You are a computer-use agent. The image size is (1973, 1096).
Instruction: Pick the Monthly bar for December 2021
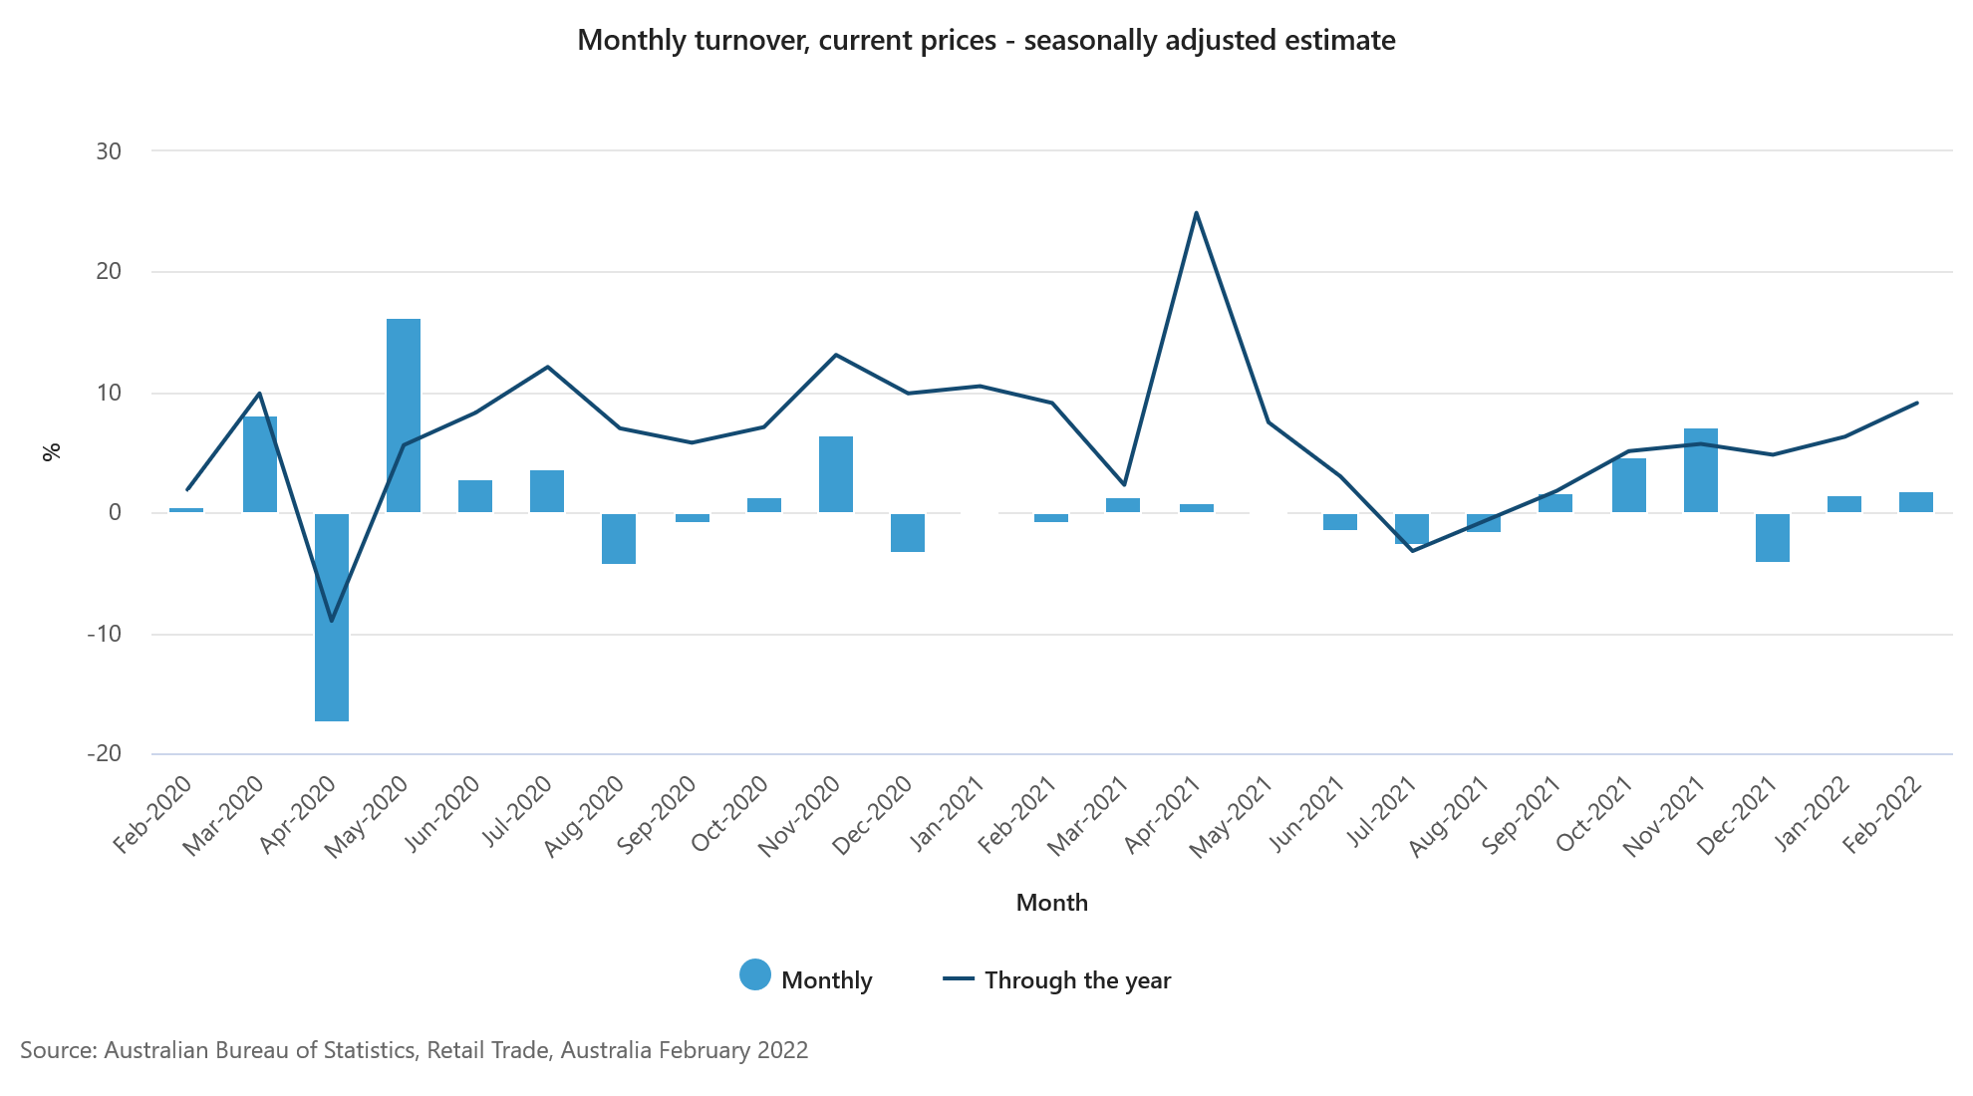click(x=1773, y=537)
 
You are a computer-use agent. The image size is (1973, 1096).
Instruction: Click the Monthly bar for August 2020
click(x=619, y=538)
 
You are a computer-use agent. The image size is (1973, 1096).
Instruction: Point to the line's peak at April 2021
click(x=1196, y=213)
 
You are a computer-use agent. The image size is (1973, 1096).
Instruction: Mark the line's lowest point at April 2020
click(x=332, y=621)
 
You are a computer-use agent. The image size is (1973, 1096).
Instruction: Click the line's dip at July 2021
click(x=1412, y=550)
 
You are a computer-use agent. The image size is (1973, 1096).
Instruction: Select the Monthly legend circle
click(x=755, y=975)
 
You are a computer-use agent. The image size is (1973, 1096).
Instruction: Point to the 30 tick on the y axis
click(x=109, y=151)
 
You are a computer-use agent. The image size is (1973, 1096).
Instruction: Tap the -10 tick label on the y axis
click(x=105, y=634)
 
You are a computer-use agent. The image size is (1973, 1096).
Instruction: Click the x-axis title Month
click(x=1051, y=903)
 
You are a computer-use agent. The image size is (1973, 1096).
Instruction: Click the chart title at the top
click(x=986, y=41)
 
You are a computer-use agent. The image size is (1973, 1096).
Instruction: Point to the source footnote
click(x=415, y=1050)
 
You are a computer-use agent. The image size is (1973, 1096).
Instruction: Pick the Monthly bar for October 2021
click(x=1629, y=485)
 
